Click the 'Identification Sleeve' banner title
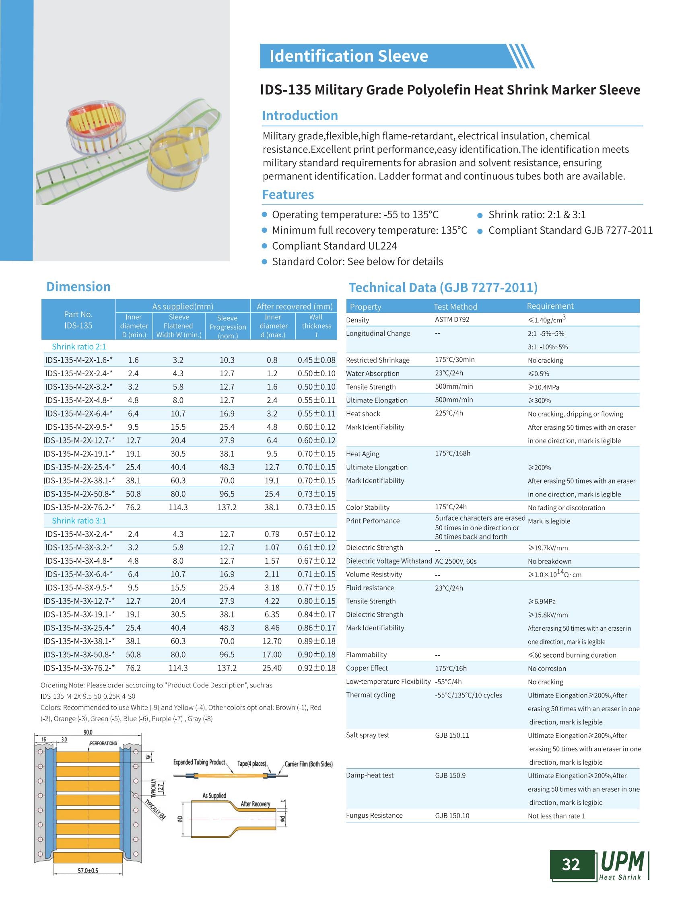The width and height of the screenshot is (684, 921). click(348, 56)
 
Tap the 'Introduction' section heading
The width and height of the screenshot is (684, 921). click(300, 115)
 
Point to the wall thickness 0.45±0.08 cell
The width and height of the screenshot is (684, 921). click(316, 360)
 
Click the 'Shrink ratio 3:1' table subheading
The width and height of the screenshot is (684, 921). click(79, 521)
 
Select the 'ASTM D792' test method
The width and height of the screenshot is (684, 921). click(452, 320)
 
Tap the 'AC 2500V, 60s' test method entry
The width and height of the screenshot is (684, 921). click(455, 561)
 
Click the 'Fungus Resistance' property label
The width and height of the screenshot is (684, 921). click(374, 816)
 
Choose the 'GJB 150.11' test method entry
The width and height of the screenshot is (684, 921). click(452, 735)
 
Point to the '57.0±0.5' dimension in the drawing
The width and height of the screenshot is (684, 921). click(88, 870)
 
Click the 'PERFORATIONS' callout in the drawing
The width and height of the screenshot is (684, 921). click(103, 743)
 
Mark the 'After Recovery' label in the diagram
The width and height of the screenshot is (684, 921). click(255, 804)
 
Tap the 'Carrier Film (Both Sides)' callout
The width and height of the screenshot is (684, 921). click(309, 764)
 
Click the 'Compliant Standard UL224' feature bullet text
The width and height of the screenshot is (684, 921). click(334, 246)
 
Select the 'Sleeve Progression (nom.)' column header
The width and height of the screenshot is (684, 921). click(227, 326)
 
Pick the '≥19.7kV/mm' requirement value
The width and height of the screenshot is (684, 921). click(548, 548)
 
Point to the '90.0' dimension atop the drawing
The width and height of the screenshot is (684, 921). click(88, 732)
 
